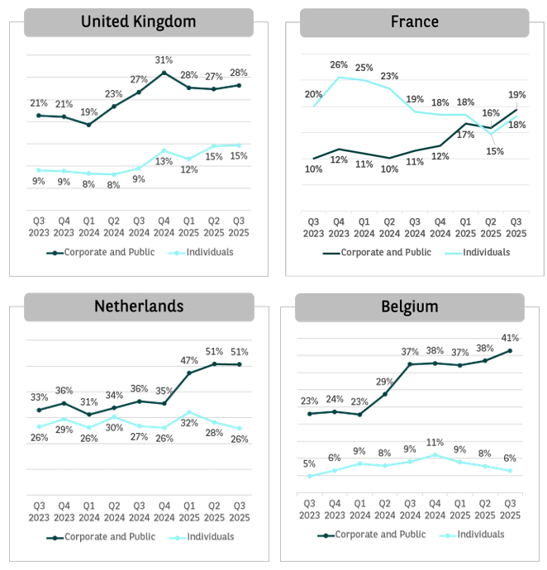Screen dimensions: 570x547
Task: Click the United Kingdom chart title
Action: pos(138,22)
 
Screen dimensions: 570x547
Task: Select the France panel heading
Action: pos(414,22)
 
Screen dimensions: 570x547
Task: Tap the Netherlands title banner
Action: pos(138,306)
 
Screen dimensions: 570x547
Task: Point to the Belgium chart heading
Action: pos(409,307)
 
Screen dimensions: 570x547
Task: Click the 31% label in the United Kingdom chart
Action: pos(164,59)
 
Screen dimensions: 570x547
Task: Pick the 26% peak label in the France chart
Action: pos(339,64)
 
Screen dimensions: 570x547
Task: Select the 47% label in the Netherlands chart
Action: pos(189,360)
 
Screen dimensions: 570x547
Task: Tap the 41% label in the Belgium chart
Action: pos(509,337)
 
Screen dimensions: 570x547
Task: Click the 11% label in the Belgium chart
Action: pos(435,443)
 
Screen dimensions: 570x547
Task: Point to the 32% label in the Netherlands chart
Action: pos(189,424)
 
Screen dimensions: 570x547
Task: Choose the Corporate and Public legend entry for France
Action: pos(378,252)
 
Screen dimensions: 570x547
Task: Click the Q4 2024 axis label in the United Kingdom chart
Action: pos(164,226)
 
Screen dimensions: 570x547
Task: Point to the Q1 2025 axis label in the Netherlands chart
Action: pos(189,511)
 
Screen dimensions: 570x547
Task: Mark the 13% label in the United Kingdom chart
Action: pos(164,161)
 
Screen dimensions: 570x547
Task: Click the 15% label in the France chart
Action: pos(494,151)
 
